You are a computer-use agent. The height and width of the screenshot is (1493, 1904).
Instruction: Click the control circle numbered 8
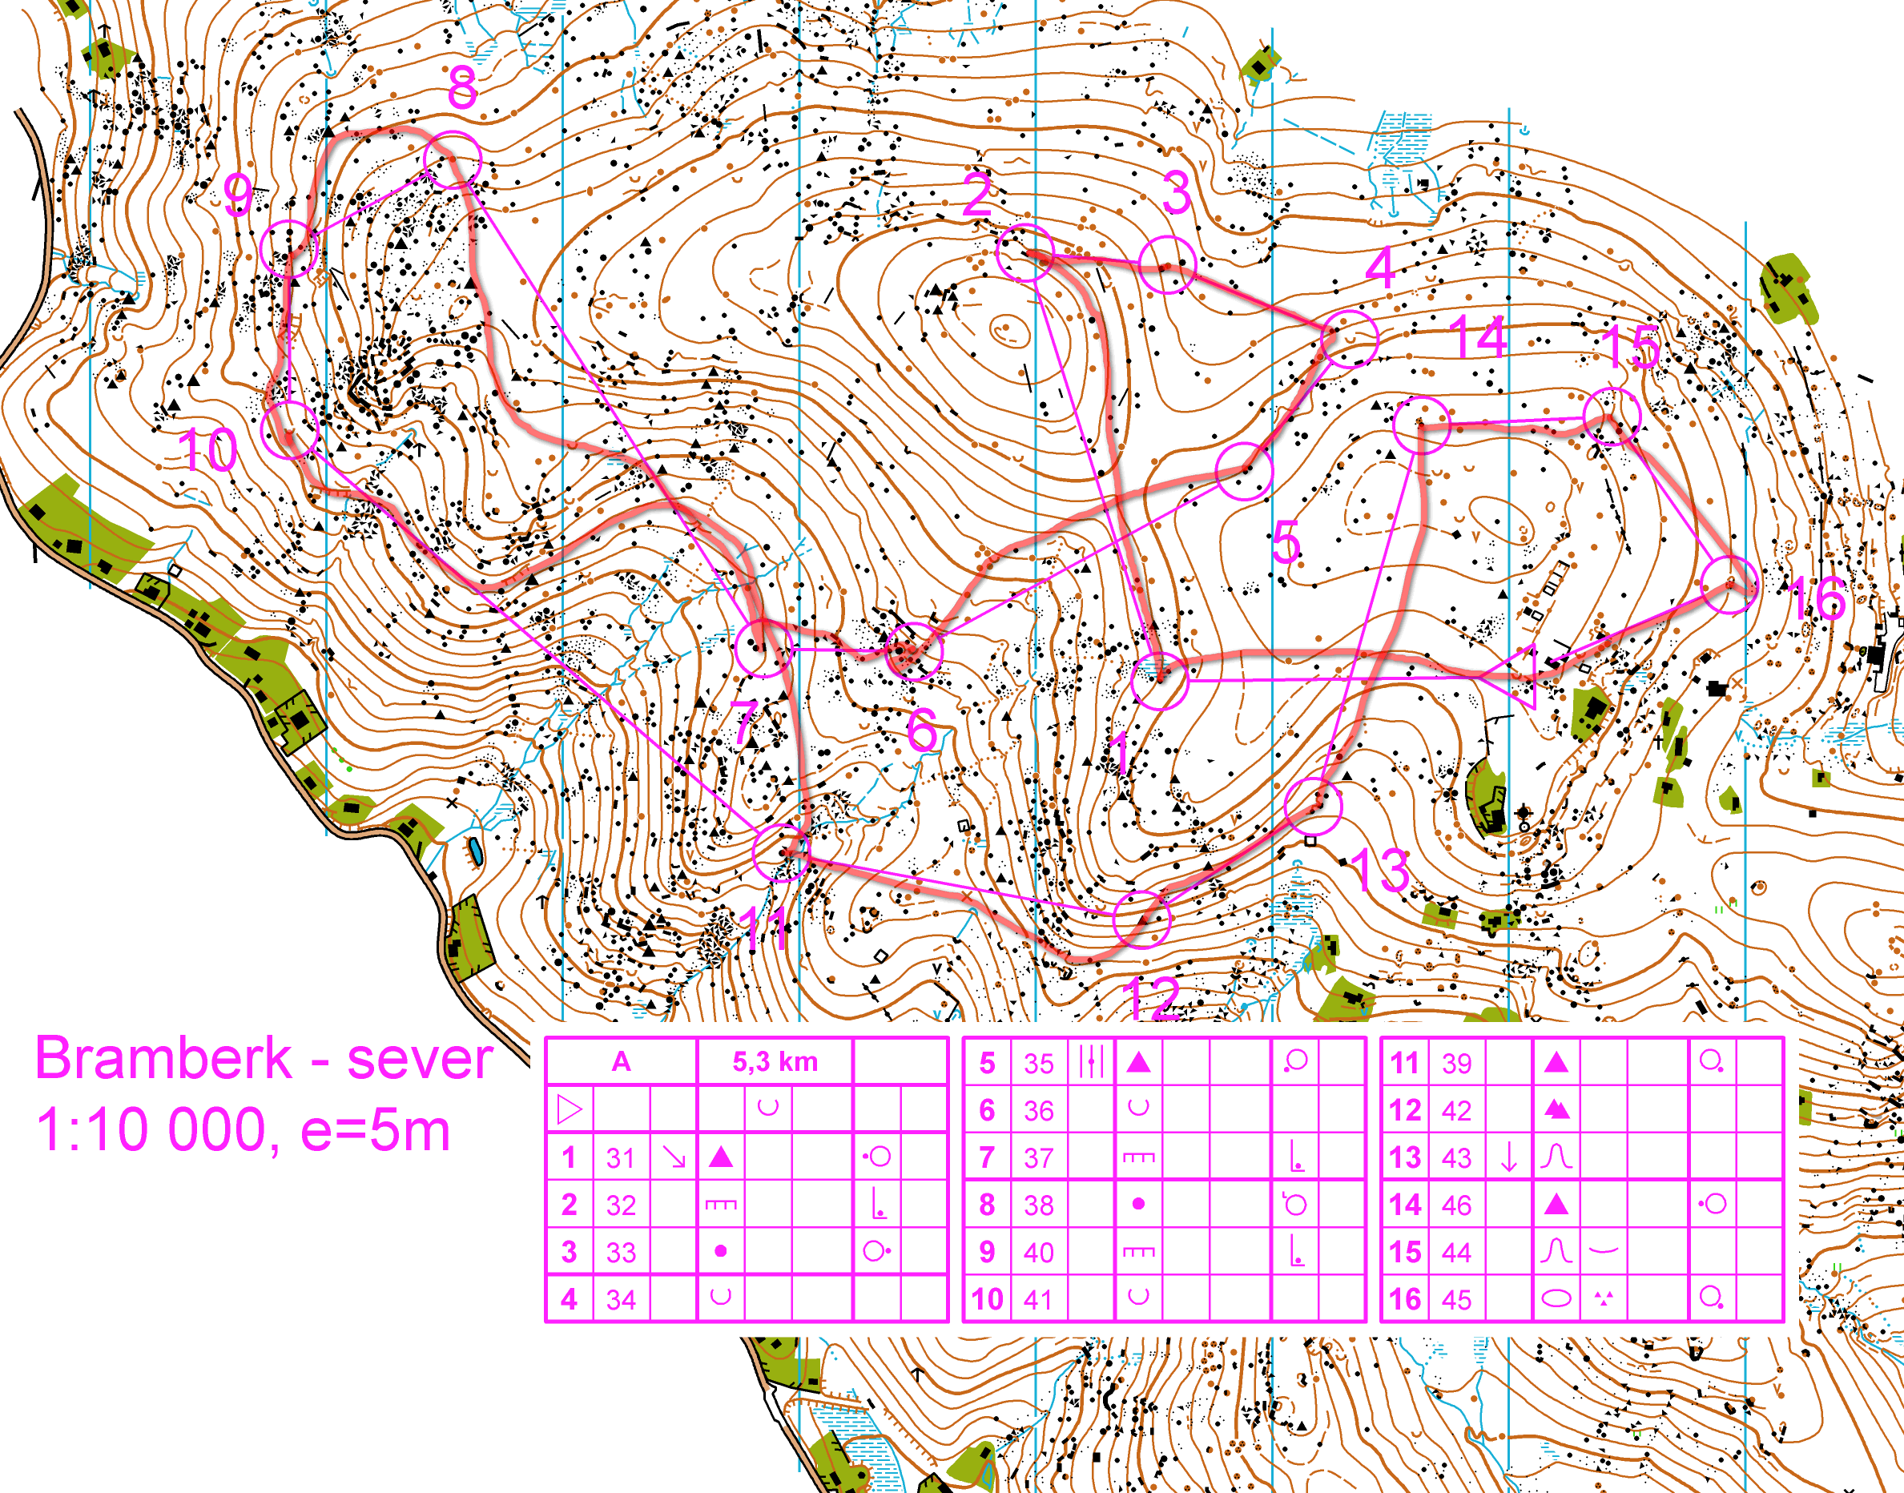452,160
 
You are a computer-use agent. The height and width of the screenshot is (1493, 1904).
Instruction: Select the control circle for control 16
1729,585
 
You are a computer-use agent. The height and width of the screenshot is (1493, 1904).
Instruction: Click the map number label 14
1477,337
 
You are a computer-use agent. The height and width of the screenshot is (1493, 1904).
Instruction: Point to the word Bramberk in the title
163,1059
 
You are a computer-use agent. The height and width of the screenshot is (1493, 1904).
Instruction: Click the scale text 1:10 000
151,1130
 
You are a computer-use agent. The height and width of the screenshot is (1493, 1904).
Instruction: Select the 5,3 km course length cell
775,1062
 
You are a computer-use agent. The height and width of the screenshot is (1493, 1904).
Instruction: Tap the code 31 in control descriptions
621,1158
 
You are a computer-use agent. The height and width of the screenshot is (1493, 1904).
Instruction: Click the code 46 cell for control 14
1456,1205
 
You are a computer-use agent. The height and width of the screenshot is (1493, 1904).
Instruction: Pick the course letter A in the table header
621,1062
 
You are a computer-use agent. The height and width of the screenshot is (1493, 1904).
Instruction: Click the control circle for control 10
290,429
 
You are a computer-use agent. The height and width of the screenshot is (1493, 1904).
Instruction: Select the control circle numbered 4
1350,338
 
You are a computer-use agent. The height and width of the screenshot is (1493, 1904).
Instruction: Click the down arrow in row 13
1509,1157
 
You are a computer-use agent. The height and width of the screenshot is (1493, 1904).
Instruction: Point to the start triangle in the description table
569,1110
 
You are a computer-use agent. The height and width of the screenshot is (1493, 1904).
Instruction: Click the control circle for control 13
1313,806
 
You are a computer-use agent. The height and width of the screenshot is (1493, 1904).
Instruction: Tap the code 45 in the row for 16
1456,1300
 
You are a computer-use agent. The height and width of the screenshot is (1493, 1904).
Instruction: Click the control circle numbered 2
1024,252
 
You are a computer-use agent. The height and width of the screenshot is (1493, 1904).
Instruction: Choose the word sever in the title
420,1059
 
